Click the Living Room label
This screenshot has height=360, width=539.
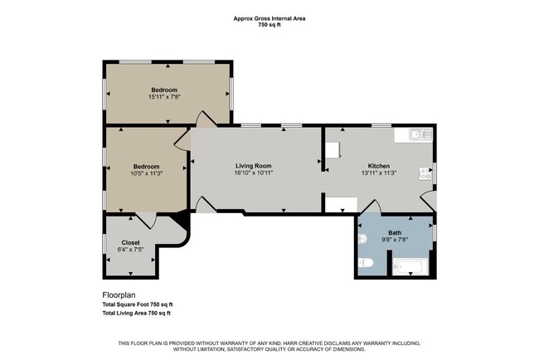pyautogui.click(x=254, y=166)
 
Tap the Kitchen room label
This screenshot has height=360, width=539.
pyautogui.click(x=379, y=166)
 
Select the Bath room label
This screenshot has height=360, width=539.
pyautogui.click(x=395, y=232)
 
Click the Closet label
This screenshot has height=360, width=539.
pyautogui.click(x=130, y=242)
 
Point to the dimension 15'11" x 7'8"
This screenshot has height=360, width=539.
pyautogui.click(x=164, y=97)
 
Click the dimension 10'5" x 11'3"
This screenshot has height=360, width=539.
pyautogui.click(x=146, y=173)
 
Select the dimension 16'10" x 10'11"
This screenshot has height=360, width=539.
pyautogui.click(x=254, y=173)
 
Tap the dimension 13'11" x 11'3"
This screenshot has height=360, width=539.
pyautogui.click(x=379, y=173)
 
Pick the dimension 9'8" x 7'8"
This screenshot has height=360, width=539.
pyautogui.click(x=395, y=240)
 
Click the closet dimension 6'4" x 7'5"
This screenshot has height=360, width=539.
pyautogui.click(x=130, y=250)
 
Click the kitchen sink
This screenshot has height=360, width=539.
pyautogui.click(x=420, y=134)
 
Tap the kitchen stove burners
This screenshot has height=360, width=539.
pyautogui.click(x=425, y=173)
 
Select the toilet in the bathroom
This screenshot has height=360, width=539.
pyautogui.click(x=366, y=263)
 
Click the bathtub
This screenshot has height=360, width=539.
pyautogui.click(x=410, y=267)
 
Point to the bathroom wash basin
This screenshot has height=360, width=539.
pyautogui.click(x=362, y=238)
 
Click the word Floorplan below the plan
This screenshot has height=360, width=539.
pyautogui.click(x=119, y=295)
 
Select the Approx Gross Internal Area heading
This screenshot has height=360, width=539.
pyautogui.click(x=269, y=18)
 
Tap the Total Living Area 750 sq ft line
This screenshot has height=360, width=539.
pyautogui.click(x=137, y=313)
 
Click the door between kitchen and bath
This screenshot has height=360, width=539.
pyautogui.click(x=371, y=207)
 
